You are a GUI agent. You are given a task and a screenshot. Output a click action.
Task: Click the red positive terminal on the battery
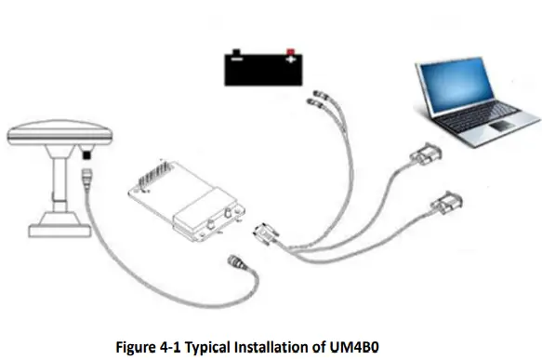[x=291, y=51]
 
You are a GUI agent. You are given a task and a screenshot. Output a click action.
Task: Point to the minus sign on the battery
[x=236, y=64]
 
